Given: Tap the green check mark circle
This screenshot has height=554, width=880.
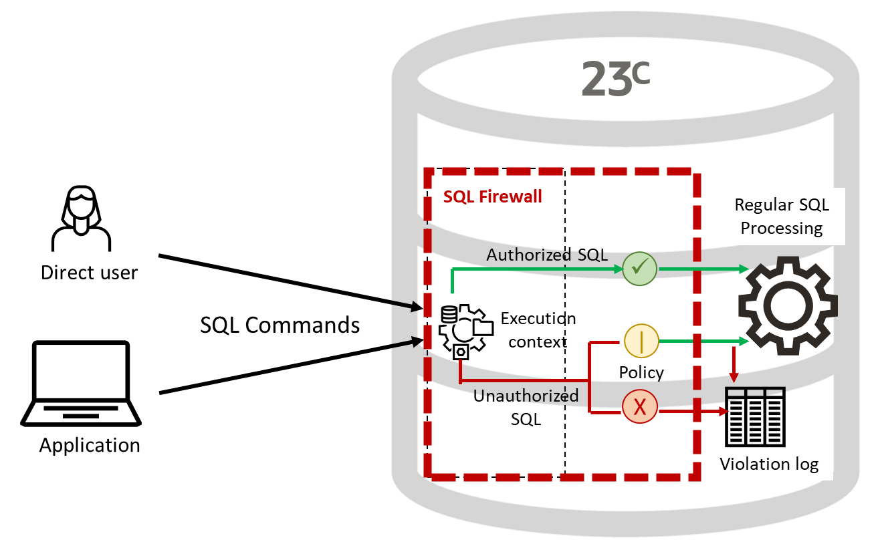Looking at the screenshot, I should (640, 269).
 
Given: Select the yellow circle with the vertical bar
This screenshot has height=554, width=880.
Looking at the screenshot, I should (641, 341).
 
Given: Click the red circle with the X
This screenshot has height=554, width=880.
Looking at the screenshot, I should (640, 407).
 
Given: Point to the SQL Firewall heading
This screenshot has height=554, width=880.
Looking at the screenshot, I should (493, 197).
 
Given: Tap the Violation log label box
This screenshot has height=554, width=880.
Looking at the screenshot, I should (769, 464).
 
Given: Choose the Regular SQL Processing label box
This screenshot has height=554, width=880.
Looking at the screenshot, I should (781, 217).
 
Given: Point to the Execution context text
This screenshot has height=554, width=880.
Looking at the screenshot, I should (534, 330).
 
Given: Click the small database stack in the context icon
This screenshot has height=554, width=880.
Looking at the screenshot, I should (449, 313).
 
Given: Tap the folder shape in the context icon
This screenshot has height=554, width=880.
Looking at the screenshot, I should (483, 327).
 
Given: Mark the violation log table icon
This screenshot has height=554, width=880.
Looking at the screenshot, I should (755, 396).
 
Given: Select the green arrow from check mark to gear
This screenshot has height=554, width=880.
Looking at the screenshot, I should (702, 269).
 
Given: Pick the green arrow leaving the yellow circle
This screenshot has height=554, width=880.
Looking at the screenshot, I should (702, 341).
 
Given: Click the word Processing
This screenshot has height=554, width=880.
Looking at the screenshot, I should (781, 229).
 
